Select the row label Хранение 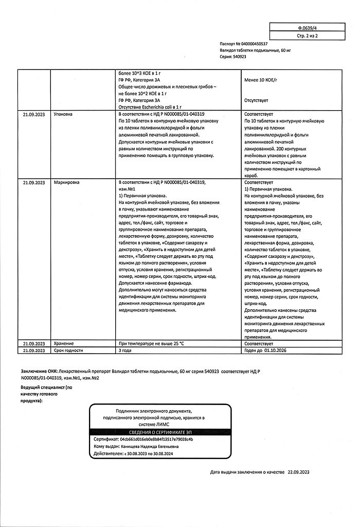point(64,343)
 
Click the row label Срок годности point(68,350)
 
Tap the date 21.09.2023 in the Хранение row point(34,343)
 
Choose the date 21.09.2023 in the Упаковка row point(34,114)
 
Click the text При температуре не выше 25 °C point(151,343)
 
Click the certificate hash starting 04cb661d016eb point(156,440)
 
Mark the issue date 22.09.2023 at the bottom point(299,472)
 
